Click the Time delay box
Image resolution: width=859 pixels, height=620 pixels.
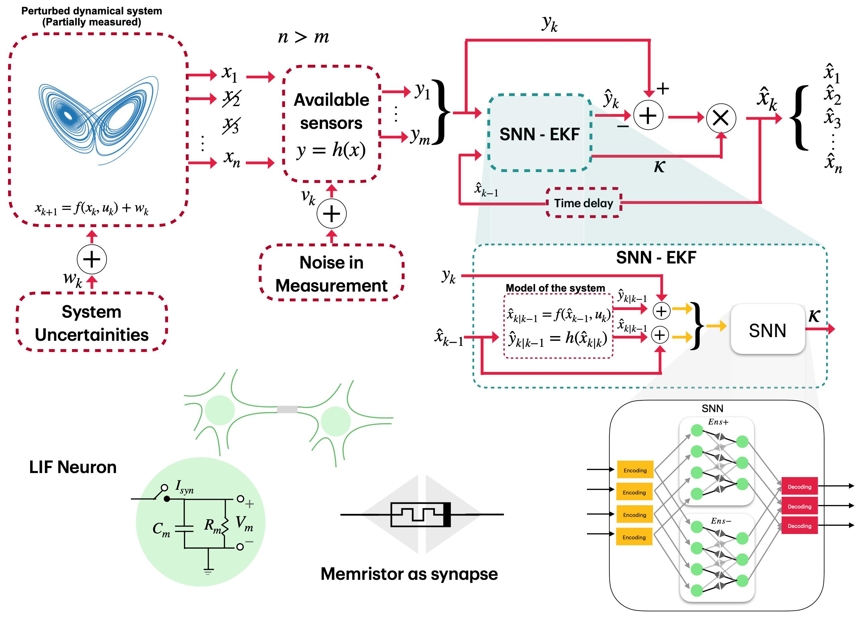tap(583, 203)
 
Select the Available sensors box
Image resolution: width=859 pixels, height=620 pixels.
tap(331, 124)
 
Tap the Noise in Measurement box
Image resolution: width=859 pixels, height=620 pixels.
tap(331, 273)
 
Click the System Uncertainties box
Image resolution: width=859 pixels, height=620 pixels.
tap(92, 322)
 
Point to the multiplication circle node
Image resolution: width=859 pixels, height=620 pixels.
tap(721, 118)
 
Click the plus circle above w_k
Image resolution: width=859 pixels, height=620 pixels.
tap(92, 259)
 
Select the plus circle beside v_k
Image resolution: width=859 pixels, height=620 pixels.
tap(331, 214)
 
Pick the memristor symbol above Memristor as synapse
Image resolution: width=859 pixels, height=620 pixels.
tap(420, 515)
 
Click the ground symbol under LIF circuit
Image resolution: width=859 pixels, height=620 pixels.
tap(208, 571)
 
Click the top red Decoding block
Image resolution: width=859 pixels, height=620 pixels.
tap(799, 487)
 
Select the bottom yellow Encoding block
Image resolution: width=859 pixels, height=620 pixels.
tap(634, 537)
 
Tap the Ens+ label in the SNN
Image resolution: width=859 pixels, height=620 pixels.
tap(718, 422)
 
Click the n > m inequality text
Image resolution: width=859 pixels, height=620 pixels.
tap(303, 37)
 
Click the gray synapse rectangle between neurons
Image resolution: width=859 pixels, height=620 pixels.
tap(287, 409)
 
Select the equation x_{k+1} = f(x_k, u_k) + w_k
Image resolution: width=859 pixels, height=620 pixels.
tap(92, 208)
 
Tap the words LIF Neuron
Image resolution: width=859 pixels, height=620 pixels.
tap(73, 467)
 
